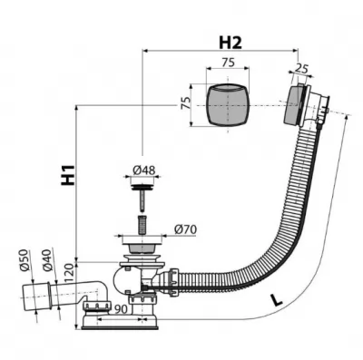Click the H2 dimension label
(231, 43)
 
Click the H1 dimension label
(68, 175)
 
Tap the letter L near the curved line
(276, 300)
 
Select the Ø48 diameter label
(144, 170)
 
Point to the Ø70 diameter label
(185, 229)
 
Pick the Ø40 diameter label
(48, 258)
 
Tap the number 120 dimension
(69, 272)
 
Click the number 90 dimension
(121, 309)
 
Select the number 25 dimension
(302, 69)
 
